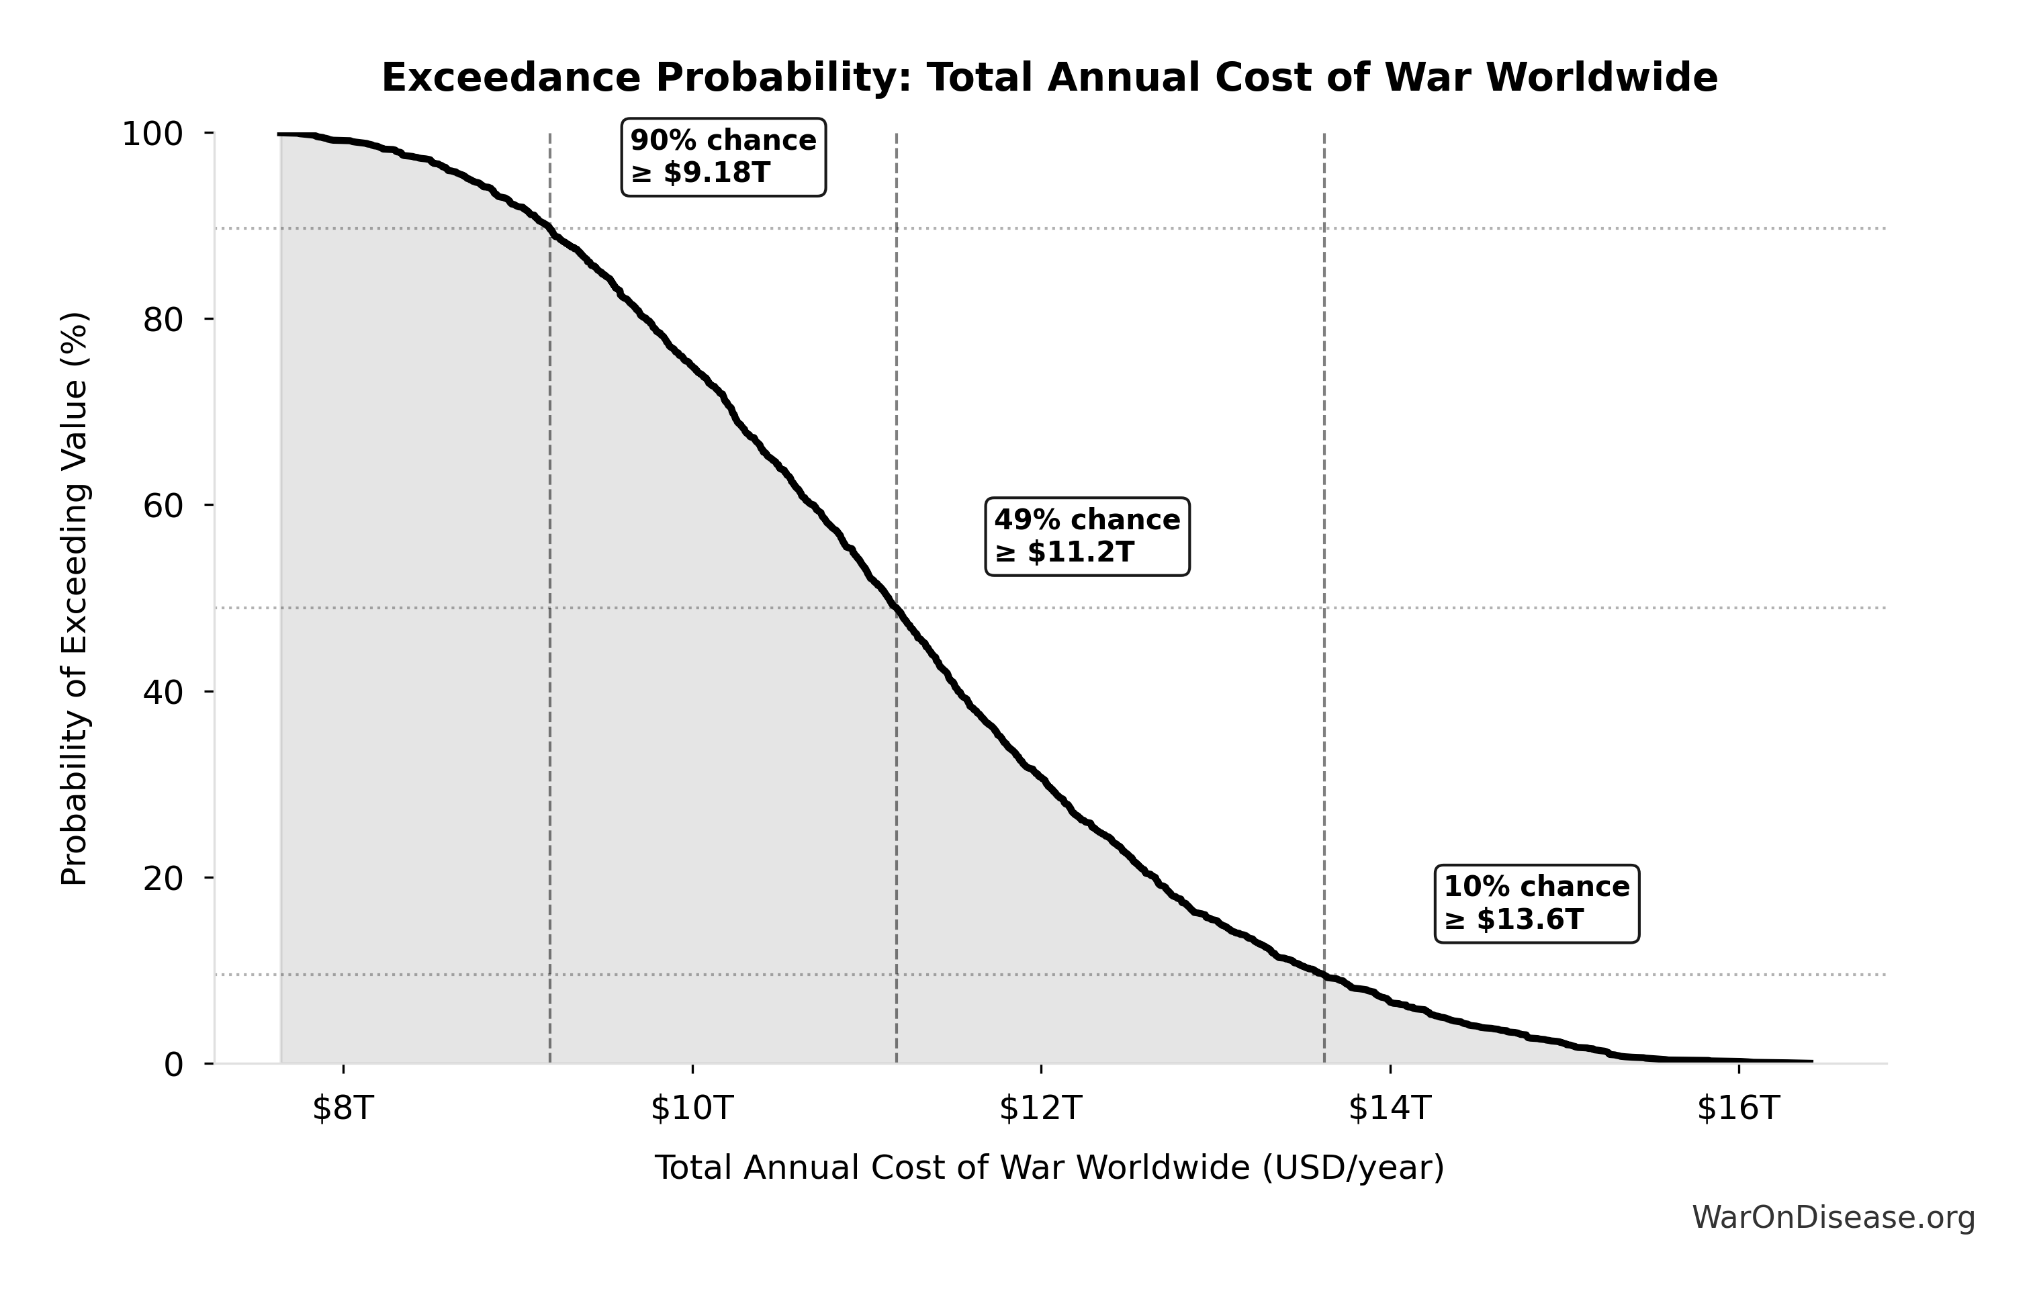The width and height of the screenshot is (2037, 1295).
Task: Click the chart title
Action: tap(1049, 78)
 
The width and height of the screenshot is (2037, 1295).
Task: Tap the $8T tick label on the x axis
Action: tap(343, 1108)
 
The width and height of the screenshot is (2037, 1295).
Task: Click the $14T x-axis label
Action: tap(1390, 1108)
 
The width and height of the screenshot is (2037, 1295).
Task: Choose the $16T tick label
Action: tap(1738, 1108)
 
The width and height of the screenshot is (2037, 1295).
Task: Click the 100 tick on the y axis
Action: tap(152, 134)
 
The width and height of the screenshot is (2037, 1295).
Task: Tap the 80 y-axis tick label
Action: tap(163, 320)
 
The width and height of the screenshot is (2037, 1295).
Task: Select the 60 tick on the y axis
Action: tap(163, 506)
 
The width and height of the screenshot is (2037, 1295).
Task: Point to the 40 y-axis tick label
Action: tap(163, 692)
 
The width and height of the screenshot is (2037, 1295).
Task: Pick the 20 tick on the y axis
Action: tap(163, 878)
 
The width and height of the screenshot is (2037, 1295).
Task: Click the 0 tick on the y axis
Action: tap(173, 1064)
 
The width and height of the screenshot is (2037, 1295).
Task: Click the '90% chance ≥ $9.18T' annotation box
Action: tap(723, 157)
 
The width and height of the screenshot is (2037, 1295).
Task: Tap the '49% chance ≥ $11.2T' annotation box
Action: tap(1087, 536)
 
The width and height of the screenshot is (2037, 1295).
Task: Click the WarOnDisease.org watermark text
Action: tap(1833, 1217)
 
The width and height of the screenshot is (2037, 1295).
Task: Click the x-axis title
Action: tap(1049, 1167)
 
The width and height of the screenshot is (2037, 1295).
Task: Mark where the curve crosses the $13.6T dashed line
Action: tap(1324, 975)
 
